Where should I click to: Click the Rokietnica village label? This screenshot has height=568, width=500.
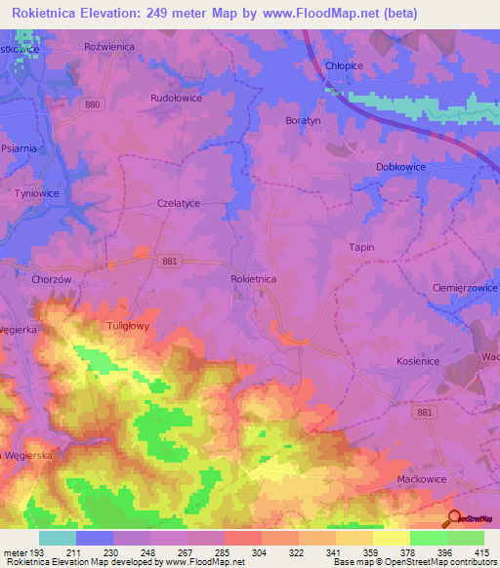254,279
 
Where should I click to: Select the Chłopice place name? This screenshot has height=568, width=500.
343,66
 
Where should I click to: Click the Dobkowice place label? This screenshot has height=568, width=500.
404,167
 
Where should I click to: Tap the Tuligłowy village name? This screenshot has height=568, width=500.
127,327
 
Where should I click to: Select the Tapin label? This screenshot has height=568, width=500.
361,248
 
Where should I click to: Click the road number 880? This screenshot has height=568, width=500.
93,103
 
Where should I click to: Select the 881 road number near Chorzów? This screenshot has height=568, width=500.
170,262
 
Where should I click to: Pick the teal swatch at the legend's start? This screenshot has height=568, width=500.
58,538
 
